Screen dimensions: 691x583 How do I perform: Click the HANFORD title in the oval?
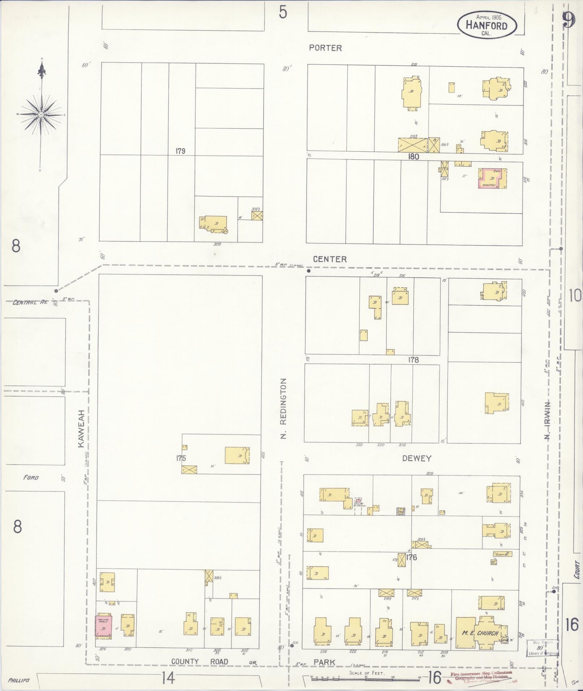click(x=486, y=25)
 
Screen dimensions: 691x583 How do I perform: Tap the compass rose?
click(x=41, y=115)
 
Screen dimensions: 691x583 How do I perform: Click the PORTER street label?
click(x=325, y=48)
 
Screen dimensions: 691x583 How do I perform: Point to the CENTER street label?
click(x=330, y=259)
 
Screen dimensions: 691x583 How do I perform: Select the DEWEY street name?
click(x=417, y=458)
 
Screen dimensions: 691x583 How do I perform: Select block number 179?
click(x=180, y=151)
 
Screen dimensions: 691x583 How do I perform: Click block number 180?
click(x=413, y=157)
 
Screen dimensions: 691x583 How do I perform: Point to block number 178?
click(x=413, y=360)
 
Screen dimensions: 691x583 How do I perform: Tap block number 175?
click(x=181, y=458)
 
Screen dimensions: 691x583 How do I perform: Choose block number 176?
click(x=411, y=567)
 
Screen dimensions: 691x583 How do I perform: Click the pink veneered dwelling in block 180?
click(x=492, y=178)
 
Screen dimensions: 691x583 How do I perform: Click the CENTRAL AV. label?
click(x=27, y=302)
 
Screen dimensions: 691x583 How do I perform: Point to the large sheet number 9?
click(x=569, y=20)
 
